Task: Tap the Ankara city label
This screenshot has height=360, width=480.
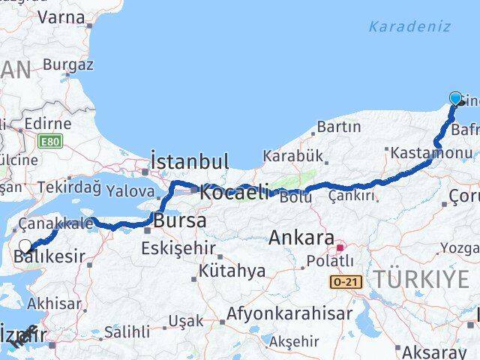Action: (301, 238)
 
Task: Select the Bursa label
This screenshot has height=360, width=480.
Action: (180, 220)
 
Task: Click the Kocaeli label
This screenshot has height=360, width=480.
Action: (234, 192)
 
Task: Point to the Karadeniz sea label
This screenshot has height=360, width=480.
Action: (409, 27)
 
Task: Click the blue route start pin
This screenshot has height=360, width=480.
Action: (455, 98)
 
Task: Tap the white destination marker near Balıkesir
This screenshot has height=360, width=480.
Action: (25, 246)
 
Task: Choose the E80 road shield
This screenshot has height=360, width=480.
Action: (50, 141)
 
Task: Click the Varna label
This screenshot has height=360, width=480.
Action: (60, 16)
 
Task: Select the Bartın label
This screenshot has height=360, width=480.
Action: (338, 127)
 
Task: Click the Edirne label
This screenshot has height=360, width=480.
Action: (47, 124)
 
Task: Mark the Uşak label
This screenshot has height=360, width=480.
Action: (185, 320)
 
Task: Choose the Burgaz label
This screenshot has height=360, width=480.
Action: (67, 64)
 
